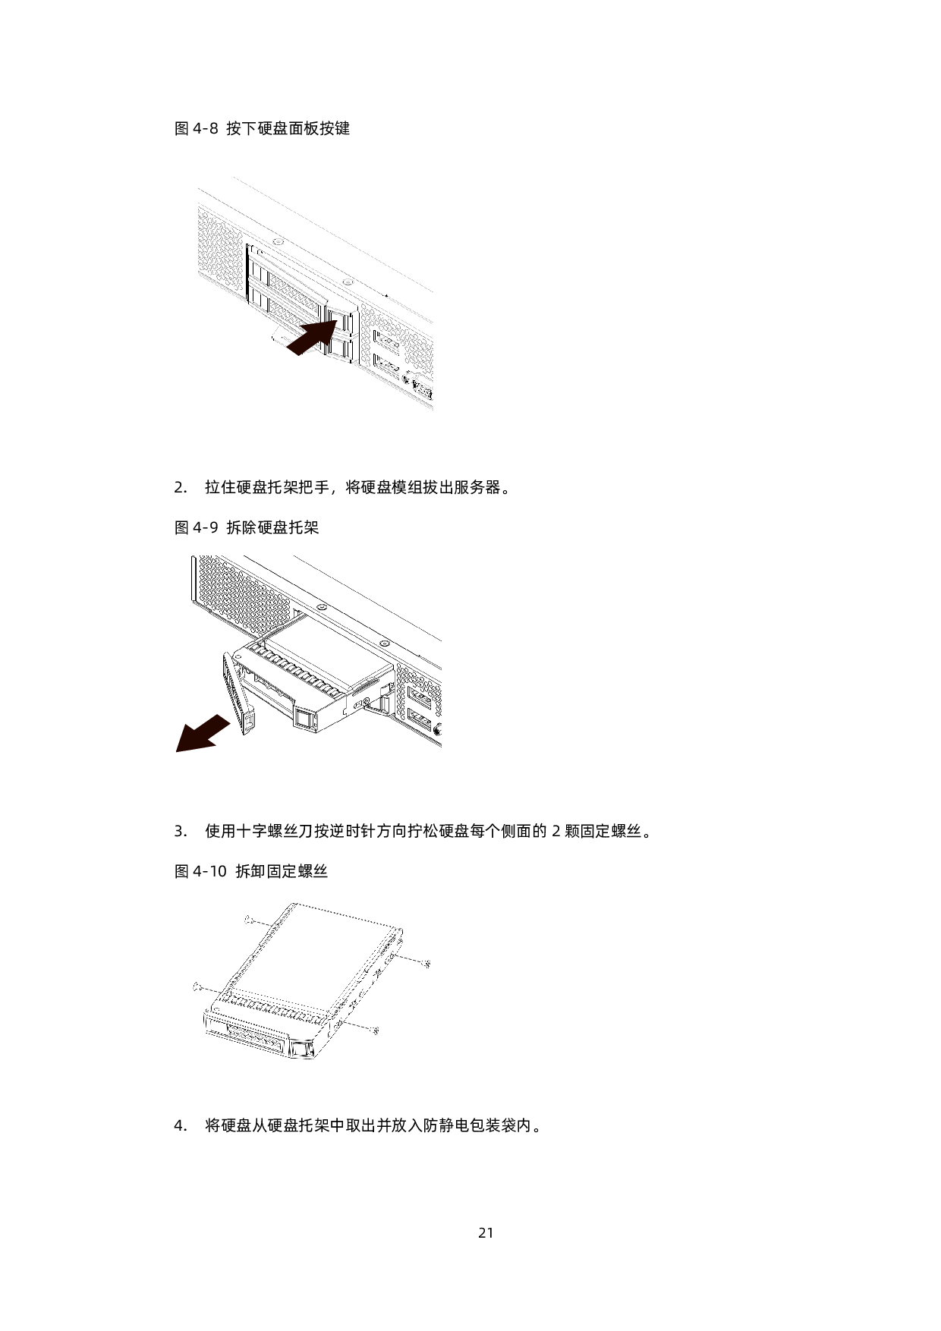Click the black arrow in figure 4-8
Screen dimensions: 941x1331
(311, 336)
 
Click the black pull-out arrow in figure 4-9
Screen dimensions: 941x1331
(203, 733)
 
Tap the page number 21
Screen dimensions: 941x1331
(486, 1232)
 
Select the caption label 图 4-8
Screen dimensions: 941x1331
(197, 128)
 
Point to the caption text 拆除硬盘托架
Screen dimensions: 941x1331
(273, 527)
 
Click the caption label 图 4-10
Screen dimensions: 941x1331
(201, 871)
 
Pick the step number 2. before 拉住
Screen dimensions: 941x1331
(181, 488)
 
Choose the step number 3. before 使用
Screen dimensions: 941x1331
(181, 831)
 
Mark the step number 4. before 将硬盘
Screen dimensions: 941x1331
(181, 1125)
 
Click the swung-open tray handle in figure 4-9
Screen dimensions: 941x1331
(238, 694)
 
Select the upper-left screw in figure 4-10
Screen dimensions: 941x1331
(249, 920)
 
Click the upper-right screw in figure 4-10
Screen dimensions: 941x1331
(428, 964)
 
